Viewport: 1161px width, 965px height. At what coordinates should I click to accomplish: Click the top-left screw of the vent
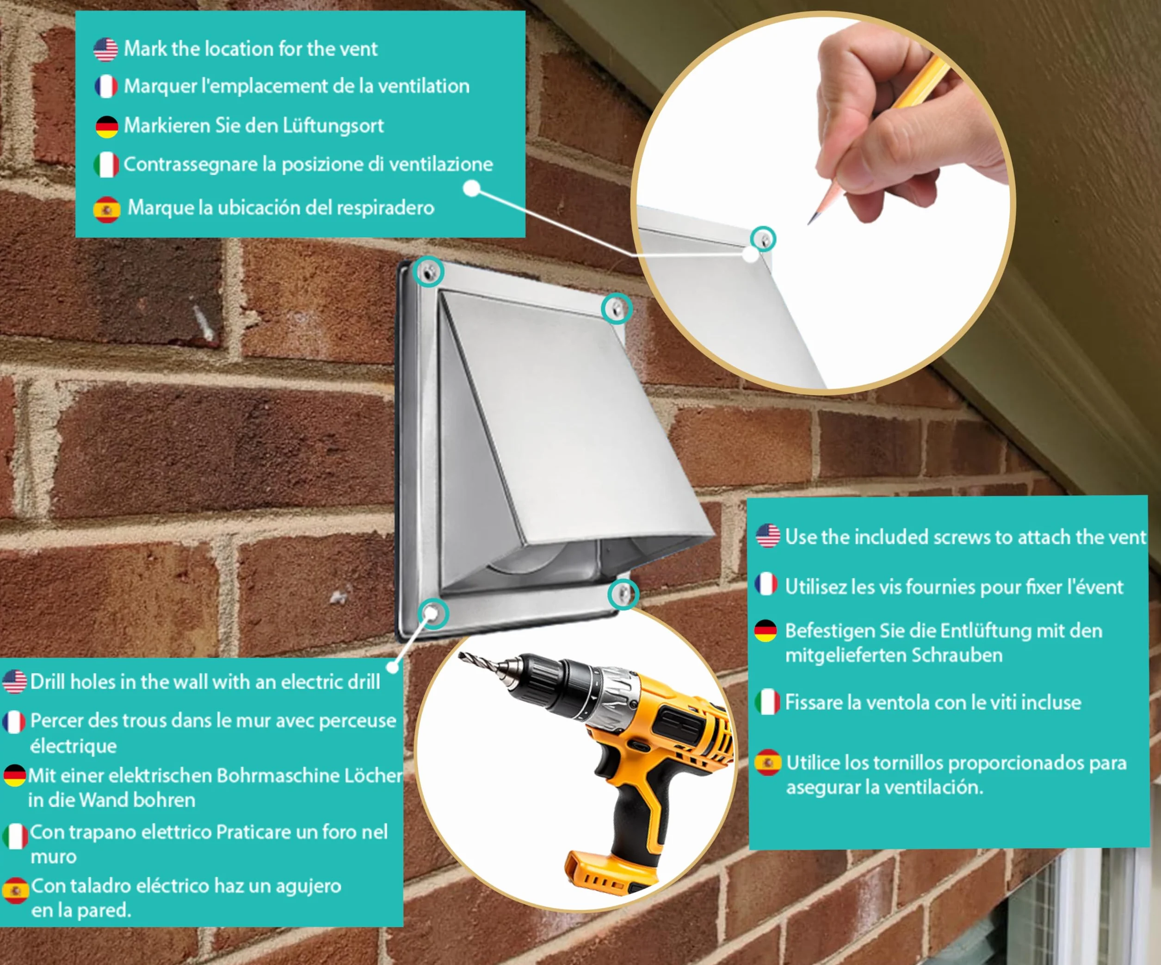tap(429, 272)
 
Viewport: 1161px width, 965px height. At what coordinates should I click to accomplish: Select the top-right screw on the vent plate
tap(617, 309)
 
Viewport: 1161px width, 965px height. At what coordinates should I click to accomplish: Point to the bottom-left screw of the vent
tap(433, 613)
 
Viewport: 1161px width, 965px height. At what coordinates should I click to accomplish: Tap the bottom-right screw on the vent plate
tap(623, 594)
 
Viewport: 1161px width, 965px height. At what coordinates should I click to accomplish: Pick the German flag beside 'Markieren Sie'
tap(107, 127)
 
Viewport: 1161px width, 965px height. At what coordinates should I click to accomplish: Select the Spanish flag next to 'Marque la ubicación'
tap(107, 210)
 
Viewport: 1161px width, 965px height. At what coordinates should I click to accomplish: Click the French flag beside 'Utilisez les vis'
tap(766, 585)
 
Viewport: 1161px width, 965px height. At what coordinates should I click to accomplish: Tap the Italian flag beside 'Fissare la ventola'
tap(767, 702)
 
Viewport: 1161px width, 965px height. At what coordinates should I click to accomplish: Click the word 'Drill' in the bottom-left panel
tap(48, 682)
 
